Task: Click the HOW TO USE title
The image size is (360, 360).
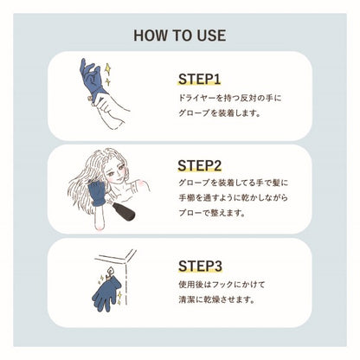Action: [x=180, y=35]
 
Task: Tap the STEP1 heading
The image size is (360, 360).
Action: [x=200, y=79]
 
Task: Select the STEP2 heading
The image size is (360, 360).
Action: [x=201, y=164]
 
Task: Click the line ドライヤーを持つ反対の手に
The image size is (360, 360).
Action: [x=229, y=99]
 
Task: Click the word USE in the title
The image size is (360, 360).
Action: [x=209, y=35]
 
